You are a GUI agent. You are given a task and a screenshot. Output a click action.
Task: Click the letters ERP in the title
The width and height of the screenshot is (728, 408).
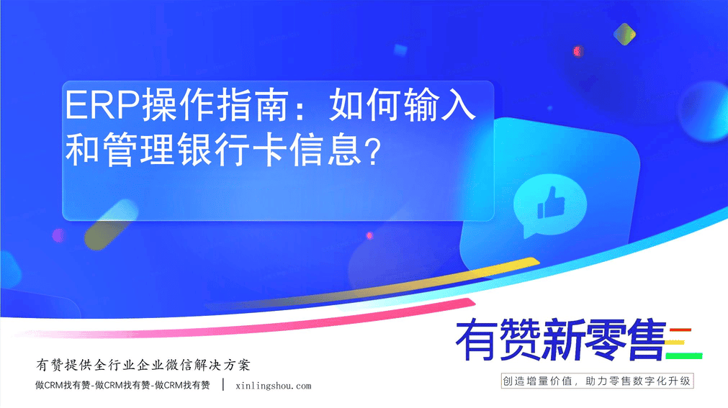pos(102,105)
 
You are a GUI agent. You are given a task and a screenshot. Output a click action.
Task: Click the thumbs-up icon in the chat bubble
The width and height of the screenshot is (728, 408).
pos(551,203)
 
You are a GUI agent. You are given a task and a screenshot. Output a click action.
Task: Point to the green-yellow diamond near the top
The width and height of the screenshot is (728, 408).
pos(624,34)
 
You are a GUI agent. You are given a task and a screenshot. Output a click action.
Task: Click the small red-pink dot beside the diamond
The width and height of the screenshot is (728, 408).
pos(578,51)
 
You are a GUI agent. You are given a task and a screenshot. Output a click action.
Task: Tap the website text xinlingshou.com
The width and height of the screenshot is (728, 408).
pos(274,386)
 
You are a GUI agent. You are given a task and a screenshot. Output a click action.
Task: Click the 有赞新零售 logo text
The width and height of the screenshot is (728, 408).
pos(561,340)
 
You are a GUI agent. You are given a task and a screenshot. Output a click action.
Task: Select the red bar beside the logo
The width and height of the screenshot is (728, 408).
pos(680,330)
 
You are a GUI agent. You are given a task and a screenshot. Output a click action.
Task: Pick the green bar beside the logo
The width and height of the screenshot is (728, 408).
pos(684,356)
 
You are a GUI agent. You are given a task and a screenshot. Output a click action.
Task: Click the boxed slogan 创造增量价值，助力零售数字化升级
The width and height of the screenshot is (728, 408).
pos(597,381)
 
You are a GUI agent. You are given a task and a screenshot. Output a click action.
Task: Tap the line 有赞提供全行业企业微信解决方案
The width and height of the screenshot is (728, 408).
pos(143,365)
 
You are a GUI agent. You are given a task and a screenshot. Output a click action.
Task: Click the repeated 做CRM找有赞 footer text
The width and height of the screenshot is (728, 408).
pos(122,385)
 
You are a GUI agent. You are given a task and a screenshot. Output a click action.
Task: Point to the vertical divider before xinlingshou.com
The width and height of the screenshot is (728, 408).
pos(223,385)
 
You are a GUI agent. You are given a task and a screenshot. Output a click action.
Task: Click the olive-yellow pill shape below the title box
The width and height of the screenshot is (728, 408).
pos(112,225)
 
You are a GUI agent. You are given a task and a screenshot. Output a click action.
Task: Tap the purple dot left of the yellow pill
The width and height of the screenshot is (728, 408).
pos(58,235)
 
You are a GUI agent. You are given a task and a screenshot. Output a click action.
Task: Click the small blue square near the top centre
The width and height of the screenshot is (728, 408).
pos(400,50)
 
